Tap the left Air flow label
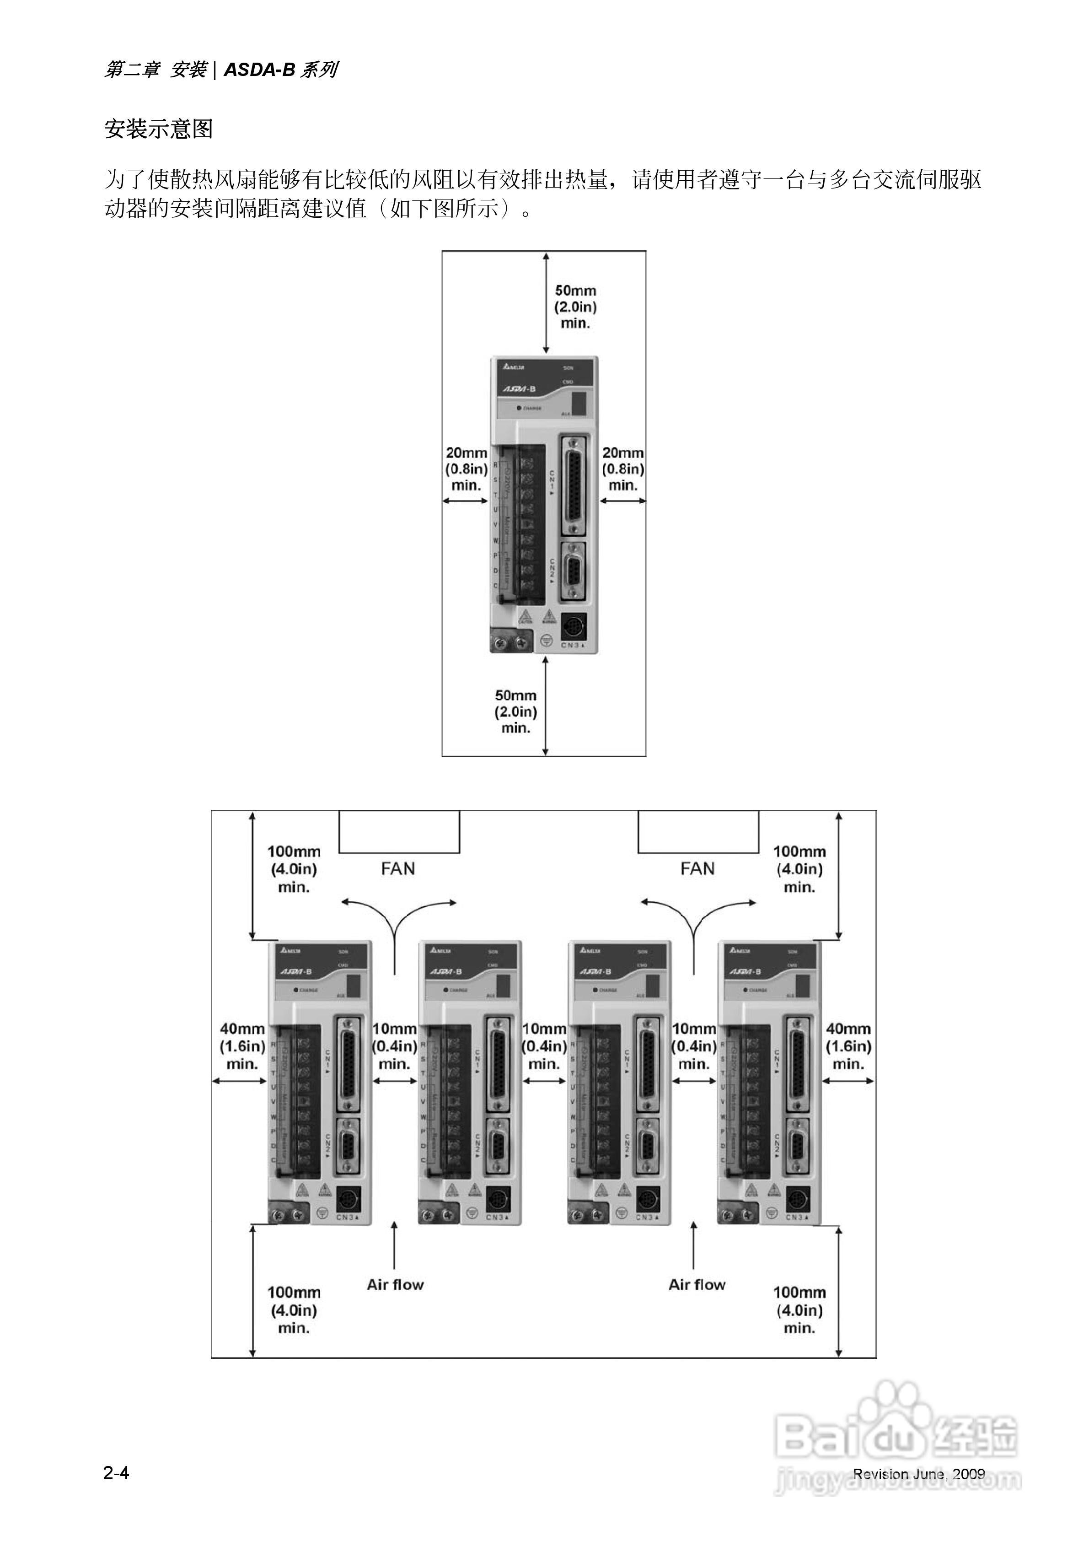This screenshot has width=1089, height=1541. click(395, 1285)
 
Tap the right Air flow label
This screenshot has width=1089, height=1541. click(697, 1285)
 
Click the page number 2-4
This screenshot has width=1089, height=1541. click(116, 1472)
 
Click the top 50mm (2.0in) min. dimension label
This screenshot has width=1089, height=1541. click(575, 307)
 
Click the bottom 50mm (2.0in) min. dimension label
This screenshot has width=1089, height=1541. click(515, 711)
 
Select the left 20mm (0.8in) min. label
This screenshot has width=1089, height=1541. click(467, 469)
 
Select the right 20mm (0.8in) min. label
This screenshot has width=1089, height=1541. click(622, 469)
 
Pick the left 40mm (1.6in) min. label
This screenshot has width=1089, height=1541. click(242, 1045)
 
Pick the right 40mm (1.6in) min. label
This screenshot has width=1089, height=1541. click(848, 1045)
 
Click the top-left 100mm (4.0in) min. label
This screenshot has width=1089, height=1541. click(294, 869)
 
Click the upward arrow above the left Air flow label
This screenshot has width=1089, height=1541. click(395, 1245)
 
